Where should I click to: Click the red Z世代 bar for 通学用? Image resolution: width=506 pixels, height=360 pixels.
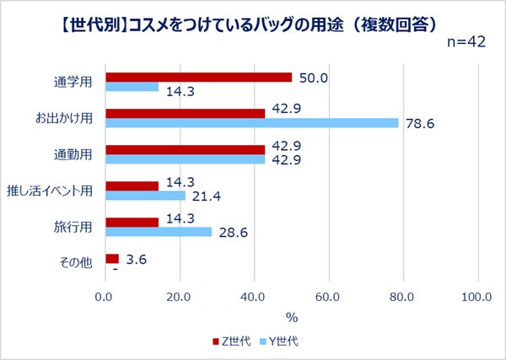click(x=198, y=77)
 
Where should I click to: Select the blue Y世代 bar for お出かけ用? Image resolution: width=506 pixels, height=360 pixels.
click(x=251, y=123)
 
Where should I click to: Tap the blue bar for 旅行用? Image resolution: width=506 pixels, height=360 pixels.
click(x=158, y=232)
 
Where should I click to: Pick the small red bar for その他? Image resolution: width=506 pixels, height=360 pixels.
click(x=111, y=258)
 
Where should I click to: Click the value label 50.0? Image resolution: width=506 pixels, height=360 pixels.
click(x=314, y=77)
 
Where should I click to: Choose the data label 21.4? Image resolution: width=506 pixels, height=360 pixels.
click(x=208, y=196)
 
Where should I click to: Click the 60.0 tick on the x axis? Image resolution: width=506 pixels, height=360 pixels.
click(x=328, y=297)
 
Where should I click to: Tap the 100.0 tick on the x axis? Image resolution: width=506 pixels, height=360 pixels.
click(x=477, y=297)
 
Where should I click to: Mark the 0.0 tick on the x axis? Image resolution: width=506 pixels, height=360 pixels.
click(x=105, y=297)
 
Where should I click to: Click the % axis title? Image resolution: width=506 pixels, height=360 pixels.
click(x=292, y=317)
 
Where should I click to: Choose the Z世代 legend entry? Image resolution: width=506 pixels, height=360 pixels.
click(x=232, y=341)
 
